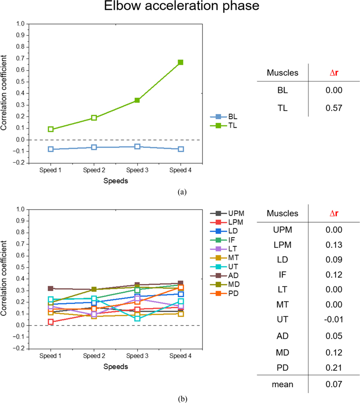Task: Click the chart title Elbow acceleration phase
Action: point(180,8)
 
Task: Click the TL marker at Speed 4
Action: point(180,62)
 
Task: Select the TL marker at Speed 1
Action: point(51,129)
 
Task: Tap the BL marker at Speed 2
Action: point(94,147)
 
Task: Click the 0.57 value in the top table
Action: point(333,107)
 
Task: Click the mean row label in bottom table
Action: point(283,384)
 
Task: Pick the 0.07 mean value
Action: point(333,384)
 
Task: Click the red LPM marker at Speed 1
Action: point(51,322)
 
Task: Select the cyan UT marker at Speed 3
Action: point(137,318)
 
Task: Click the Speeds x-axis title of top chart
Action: point(116,181)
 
